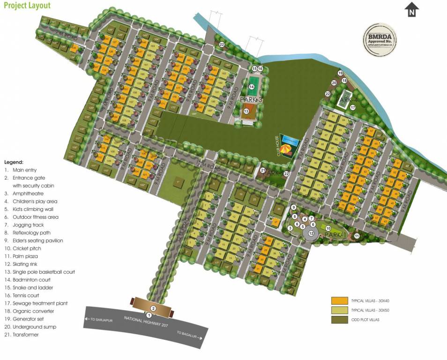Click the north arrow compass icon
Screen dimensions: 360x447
pyautogui.click(x=411, y=9)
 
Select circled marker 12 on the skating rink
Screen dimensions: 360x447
pyautogui.click(x=311, y=232)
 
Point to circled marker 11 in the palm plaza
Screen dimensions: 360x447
pyautogui.click(x=357, y=236)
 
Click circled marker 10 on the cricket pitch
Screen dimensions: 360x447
pyautogui.click(x=328, y=228)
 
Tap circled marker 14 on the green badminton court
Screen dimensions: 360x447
pyautogui.click(x=252, y=87)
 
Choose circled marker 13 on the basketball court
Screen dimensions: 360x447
pyautogui.click(x=246, y=112)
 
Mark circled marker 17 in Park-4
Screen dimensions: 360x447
pyautogui.click(x=353, y=107)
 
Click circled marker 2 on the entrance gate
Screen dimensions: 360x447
pyautogui.click(x=153, y=308)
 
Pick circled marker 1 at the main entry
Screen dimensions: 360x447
pyautogui.click(x=149, y=315)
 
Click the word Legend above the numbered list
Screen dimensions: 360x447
pyautogui.click(x=14, y=162)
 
